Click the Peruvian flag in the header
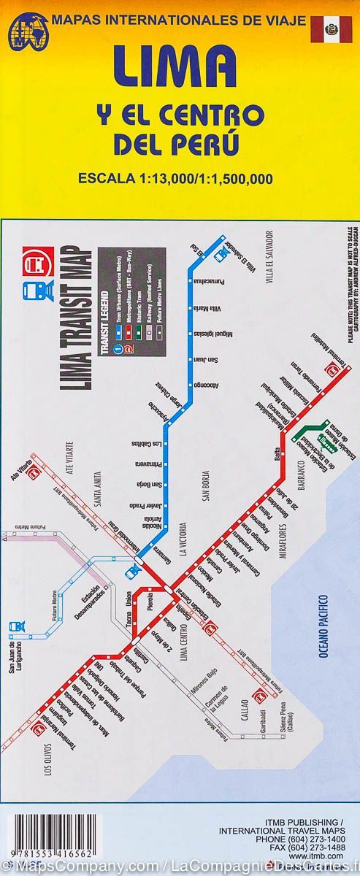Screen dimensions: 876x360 coord(331,28)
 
